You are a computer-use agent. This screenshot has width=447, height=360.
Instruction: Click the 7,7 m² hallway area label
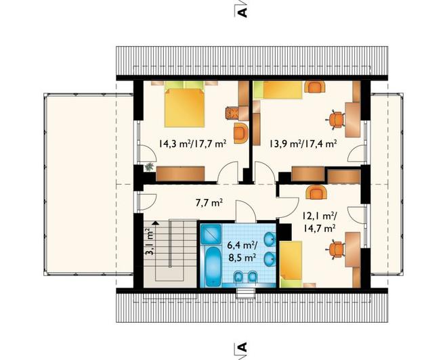(209, 203)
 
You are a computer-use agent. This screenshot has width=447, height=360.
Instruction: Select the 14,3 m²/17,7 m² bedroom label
(193, 143)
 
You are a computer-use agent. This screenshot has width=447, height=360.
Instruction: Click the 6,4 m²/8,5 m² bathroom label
(242, 251)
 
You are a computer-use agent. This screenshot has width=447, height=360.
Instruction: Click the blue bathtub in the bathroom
(213, 267)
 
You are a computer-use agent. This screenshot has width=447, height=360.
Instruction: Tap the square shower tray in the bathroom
(211, 234)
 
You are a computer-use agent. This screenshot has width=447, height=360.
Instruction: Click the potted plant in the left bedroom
(148, 166)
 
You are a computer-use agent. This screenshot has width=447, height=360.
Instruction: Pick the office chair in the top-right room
(336, 119)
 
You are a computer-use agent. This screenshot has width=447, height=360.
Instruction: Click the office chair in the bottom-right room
(335, 250)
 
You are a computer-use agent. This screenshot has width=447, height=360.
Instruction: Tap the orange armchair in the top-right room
(315, 87)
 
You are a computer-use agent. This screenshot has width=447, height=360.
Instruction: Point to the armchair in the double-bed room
(241, 133)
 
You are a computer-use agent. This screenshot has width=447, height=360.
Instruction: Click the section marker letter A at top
(242, 12)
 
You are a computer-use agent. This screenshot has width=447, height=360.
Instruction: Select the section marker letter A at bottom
(242, 347)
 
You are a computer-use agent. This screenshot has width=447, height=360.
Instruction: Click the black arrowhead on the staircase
(156, 223)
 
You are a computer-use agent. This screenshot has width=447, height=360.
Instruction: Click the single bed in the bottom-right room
(291, 264)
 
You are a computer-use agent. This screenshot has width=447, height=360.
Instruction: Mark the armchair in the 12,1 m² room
(316, 192)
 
